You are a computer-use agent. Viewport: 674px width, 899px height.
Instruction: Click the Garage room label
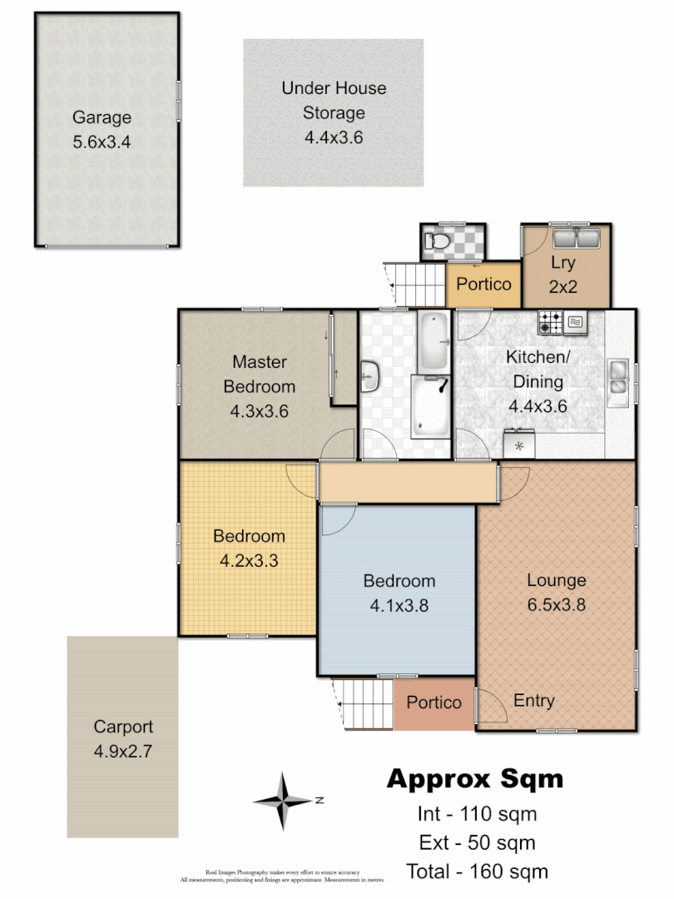102,117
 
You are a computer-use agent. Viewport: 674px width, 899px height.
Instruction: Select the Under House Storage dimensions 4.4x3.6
334,138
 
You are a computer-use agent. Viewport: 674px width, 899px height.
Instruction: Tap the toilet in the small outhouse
435,242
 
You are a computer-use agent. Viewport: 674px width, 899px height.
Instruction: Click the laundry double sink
575,240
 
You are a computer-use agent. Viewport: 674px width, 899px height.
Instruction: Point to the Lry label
563,262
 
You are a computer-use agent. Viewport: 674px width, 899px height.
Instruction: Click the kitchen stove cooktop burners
551,322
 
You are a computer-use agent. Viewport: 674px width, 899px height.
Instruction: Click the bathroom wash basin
370,377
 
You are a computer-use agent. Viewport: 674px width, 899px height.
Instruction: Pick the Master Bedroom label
260,374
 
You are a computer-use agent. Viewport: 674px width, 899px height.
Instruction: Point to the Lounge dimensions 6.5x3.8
556,605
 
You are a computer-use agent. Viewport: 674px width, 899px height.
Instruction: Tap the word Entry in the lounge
533,701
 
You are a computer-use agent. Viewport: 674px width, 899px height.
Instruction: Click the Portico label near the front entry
434,703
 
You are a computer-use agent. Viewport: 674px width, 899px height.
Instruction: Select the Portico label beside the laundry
483,284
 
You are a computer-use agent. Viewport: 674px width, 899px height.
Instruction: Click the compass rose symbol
284,801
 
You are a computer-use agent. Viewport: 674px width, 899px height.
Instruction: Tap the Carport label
123,727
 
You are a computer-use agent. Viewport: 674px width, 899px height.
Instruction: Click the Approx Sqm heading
475,779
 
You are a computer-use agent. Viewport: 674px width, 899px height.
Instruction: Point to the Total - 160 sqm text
477,872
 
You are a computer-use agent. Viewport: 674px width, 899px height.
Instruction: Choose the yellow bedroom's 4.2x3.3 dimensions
249,561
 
